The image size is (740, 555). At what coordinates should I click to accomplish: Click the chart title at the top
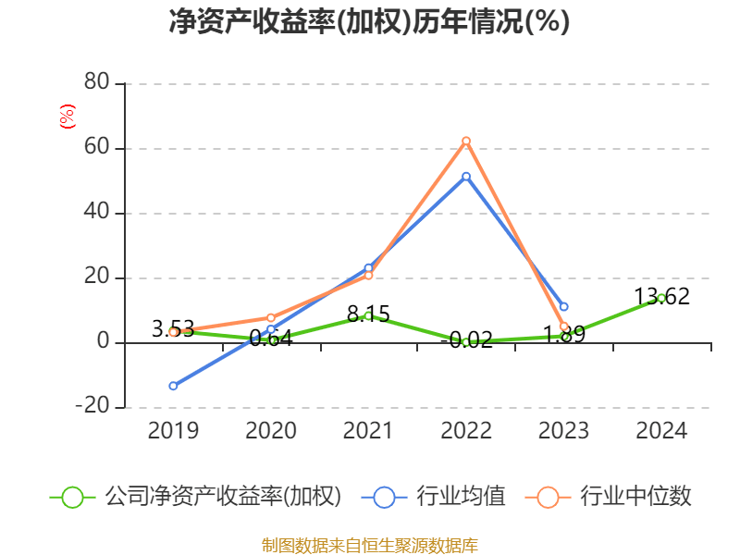tap(369, 22)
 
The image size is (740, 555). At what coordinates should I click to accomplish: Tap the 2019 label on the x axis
tap(173, 430)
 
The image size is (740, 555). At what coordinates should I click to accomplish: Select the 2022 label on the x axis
tap(466, 430)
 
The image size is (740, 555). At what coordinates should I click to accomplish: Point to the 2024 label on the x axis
tap(662, 430)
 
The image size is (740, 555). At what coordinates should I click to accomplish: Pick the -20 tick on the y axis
tap(93, 407)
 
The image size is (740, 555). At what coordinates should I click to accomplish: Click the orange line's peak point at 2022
tap(466, 142)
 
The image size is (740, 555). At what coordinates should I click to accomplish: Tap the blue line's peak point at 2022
tap(466, 176)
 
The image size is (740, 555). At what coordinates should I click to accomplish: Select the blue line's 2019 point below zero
tap(173, 385)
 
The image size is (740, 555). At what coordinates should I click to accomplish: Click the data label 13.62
tap(661, 297)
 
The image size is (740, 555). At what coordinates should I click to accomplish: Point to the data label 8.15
tap(368, 314)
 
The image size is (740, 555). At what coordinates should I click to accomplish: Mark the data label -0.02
tap(466, 339)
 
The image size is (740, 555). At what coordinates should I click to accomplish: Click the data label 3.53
tap(173, 328)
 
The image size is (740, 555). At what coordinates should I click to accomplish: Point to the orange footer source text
tap(369, 545)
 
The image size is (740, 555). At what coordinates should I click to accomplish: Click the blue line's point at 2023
tap(563, 306)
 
